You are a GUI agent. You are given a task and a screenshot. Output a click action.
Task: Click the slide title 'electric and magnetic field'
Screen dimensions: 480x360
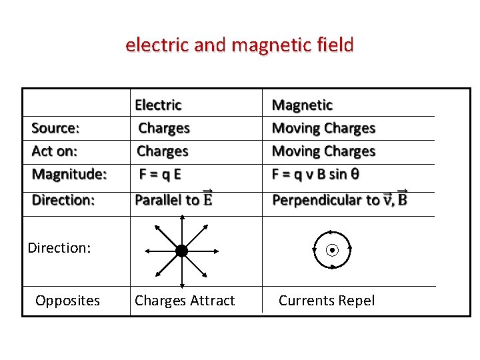(239, 45)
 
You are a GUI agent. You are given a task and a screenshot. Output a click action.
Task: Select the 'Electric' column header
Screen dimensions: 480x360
(158, 105)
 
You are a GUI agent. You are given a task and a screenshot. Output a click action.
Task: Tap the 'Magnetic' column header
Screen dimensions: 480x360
(302, 105)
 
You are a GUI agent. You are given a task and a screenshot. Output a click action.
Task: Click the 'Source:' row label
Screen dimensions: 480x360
(56, 128)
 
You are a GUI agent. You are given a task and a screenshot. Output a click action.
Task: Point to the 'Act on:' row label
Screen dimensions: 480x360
(55, 151)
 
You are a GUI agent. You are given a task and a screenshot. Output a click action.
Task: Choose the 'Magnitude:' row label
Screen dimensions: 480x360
(69, 175)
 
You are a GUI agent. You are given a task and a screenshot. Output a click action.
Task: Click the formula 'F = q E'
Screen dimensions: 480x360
(160, 175)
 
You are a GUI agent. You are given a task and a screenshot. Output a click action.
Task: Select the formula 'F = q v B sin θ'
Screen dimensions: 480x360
(316, 175)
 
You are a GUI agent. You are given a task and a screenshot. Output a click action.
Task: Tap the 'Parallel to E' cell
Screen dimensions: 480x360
(174, 199)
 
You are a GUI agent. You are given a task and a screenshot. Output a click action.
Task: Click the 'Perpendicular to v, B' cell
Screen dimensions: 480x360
(340, 199)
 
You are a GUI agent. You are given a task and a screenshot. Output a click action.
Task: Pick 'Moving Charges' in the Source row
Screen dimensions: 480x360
(323, 128)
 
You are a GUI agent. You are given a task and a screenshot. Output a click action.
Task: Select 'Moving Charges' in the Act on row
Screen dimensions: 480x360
(323, 151)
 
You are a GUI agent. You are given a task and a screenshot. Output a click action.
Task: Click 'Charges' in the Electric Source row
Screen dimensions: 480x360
(164, 128)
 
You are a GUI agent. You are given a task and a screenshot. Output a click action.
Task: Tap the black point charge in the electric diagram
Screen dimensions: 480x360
(181, 251)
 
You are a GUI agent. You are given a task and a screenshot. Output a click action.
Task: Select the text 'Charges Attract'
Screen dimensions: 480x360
(185, 301)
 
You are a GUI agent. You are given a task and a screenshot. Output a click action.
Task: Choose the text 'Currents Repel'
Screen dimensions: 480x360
(327, 301)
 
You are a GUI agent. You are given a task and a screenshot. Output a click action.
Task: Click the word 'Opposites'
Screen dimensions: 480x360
(67, 301)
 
